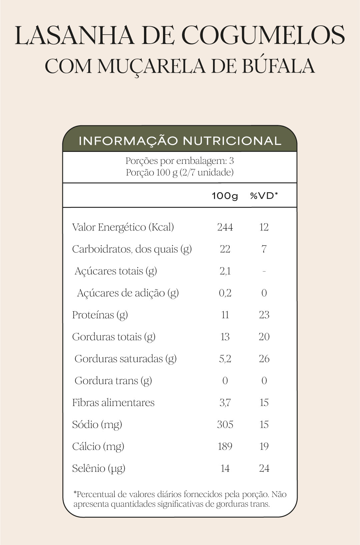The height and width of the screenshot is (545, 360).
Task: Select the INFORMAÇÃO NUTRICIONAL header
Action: coord(180,141)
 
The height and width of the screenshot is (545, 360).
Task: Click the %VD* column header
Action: coord(264,196)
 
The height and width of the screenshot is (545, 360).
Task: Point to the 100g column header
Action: coord(225,196)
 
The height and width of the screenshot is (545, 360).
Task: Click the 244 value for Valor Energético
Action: coord(225,227)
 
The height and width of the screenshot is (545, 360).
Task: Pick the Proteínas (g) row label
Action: coord(100,315)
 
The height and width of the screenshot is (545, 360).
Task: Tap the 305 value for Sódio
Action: coord(225,424)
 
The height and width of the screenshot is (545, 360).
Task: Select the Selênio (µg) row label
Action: coord(99,468)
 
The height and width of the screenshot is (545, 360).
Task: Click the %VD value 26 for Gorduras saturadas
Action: coord(264,359)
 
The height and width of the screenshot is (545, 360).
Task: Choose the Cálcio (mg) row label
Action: coord(98,446)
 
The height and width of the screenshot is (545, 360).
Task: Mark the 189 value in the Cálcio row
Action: coord(225,446)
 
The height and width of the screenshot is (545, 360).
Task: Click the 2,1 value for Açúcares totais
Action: coord(225,271)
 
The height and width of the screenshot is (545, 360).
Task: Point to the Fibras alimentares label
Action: coord(113,403)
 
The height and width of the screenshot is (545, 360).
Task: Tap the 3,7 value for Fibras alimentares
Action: coord(225,403)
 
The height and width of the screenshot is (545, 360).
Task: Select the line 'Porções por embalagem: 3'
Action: coord(180,161)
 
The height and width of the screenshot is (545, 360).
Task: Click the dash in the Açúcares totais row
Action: coord(264,272)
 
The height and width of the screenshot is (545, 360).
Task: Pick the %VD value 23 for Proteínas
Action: coord(264,315)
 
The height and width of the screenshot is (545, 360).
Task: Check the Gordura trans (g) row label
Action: coord(113,381)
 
